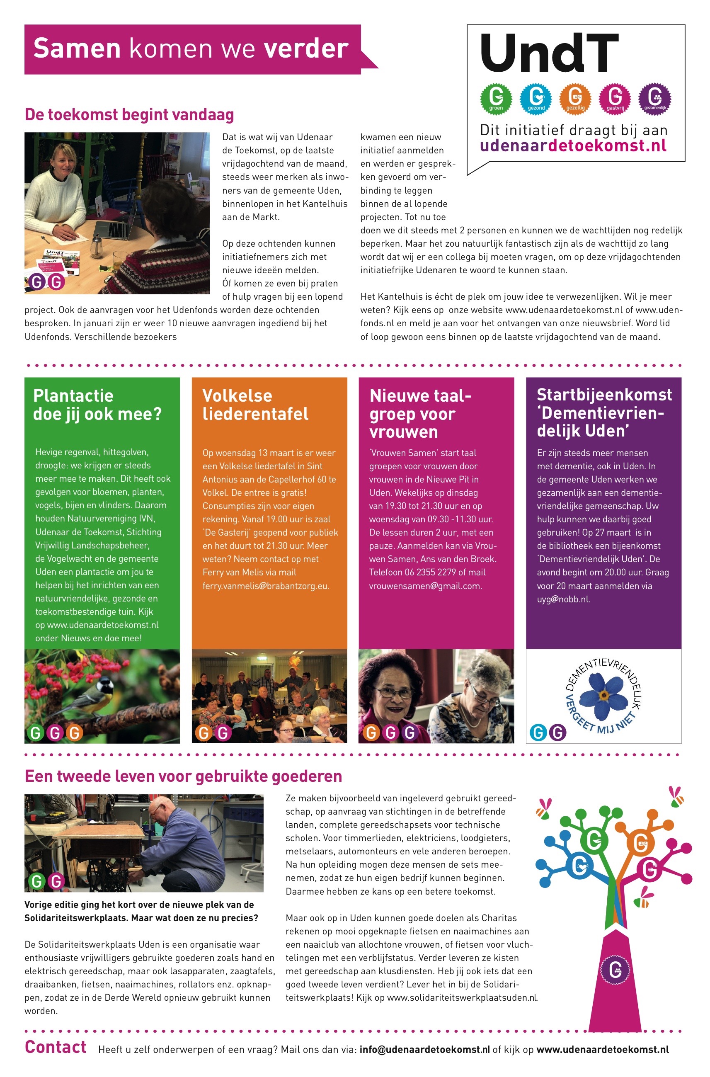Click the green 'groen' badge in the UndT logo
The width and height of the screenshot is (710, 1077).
(x=496, y=98)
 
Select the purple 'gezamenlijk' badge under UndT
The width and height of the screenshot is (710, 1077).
(x=654, y=98)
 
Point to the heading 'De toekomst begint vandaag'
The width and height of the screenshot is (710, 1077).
(x=129, y=114)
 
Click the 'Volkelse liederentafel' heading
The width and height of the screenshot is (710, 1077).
(x=255, y=405)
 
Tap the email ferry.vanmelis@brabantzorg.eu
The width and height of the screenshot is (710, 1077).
(x=265, y=586)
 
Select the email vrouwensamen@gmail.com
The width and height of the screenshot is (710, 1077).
(x=425, y=586)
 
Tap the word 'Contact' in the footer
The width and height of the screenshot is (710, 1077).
(x=55, y=1047)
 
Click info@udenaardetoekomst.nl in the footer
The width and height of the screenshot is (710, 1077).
(x=424, y=1050)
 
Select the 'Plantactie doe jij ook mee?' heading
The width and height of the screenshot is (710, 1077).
(x=97, y=405)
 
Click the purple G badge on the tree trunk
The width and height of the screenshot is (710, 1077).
(x=615, y=970)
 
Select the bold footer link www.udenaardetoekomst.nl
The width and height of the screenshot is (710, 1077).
(x=602, y=1050)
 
